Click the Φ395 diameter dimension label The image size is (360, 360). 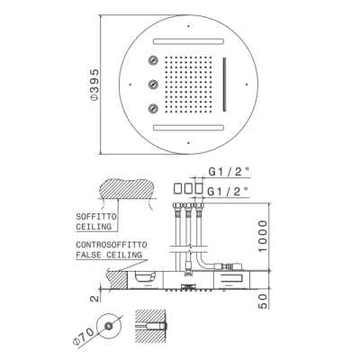[94, 85]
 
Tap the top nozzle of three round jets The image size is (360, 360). [153, 60]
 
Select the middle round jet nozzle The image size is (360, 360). [153, 84]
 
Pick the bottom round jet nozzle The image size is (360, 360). [153, 108]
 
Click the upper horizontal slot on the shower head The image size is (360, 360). [189, 41]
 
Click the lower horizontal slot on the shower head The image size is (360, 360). [189, 128]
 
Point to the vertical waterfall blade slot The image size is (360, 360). [224, 85]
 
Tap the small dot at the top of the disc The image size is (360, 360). [188, 26]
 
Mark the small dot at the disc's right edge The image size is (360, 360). [247, 85]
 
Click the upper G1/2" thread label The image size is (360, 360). [229, 172]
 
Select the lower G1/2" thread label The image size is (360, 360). [229, 191]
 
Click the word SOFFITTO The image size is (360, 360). [96, 217]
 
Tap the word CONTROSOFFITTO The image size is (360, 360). [112, 245]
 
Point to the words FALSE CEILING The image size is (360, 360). [109, 255]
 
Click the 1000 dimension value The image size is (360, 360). [263, 237]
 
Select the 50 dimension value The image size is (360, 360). [263, 301]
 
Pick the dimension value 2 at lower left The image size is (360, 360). [94, 299]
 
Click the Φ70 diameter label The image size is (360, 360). [83, 337]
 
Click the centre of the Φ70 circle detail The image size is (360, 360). [109, 326]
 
